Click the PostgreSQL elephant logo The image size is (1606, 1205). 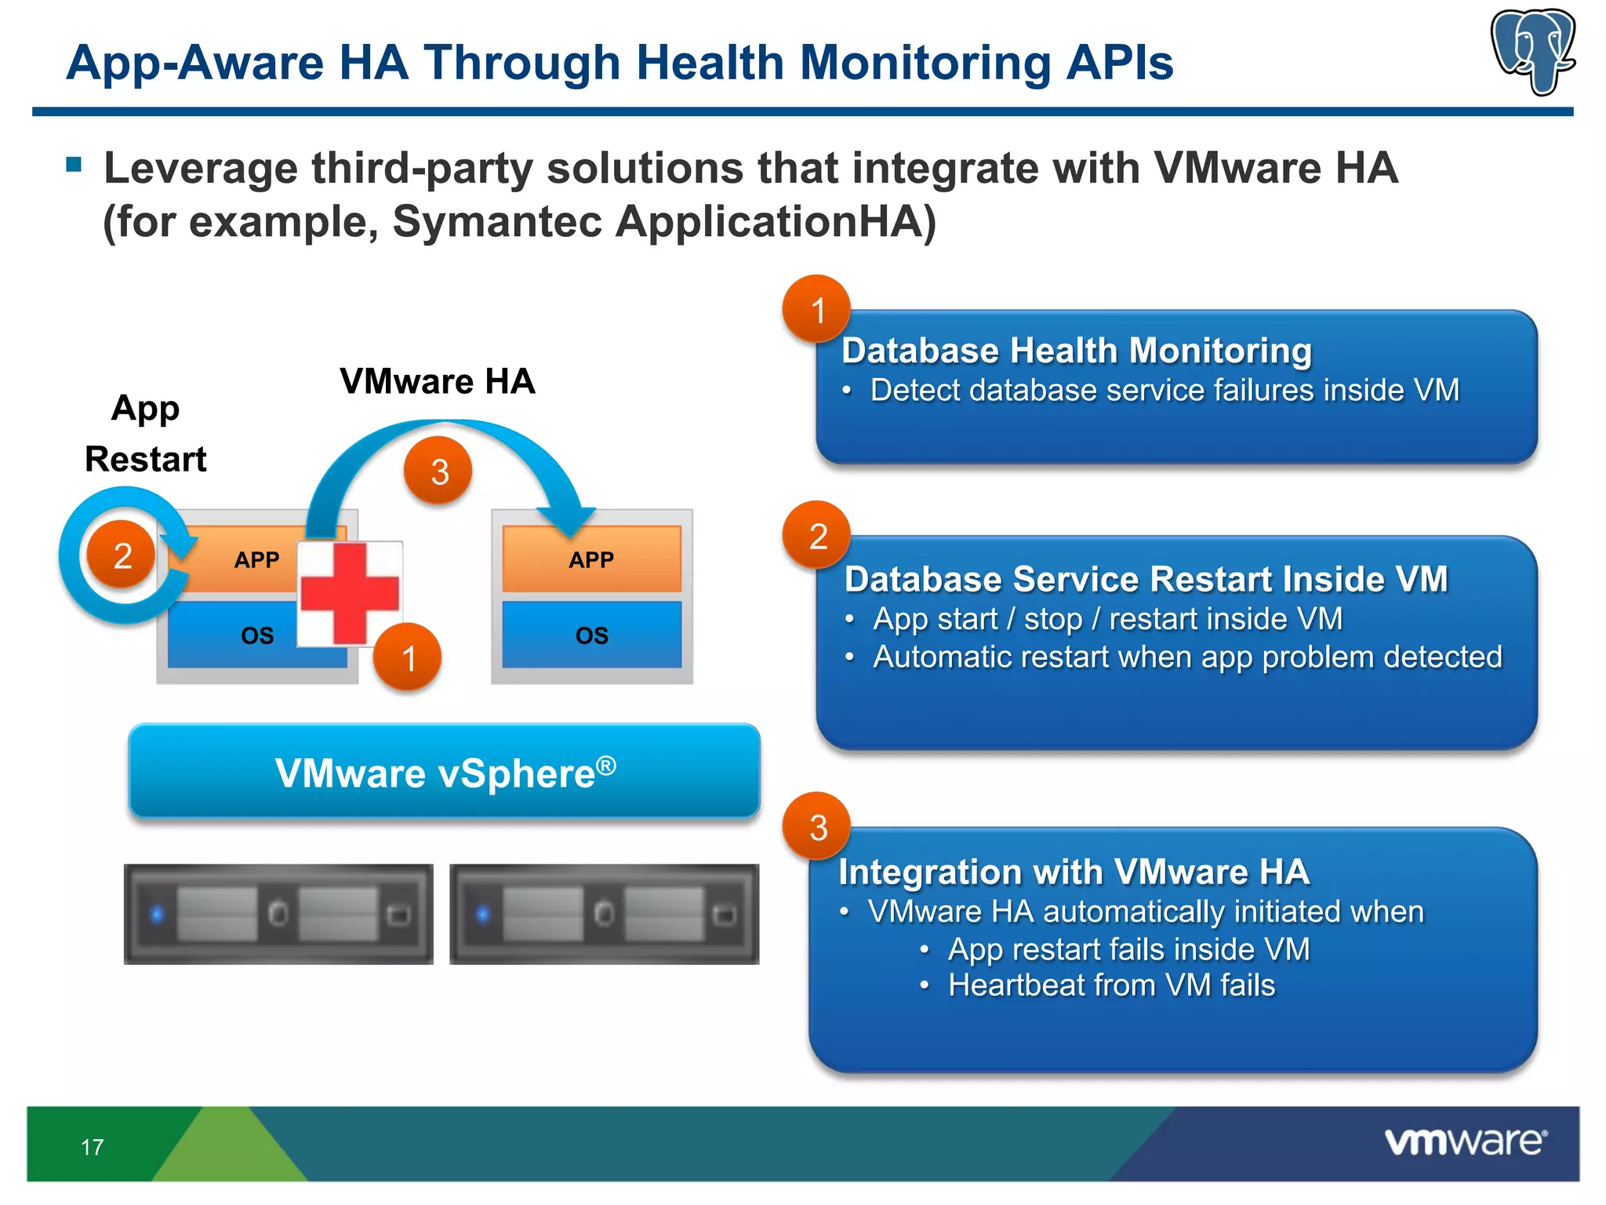click(x=1533, y=50)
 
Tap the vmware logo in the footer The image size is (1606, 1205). click(x=1465, y=1141)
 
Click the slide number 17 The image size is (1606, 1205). click(x=92, y=1147)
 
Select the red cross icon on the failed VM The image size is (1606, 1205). click(x=350, y=593)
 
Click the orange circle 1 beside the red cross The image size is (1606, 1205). click(x=407, y=657)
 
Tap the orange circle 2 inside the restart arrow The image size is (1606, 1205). click(x=122, y=555)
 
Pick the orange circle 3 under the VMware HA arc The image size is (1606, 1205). click(x=438, y=471)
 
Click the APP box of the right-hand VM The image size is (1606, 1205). click(x=591, y=559)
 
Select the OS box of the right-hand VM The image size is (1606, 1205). click(x=591, y=635)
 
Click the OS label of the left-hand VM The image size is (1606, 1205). click(x=257, y=635)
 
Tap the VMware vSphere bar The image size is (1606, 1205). click(x=445, y=772)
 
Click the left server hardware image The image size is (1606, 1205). click(x=278, y=914)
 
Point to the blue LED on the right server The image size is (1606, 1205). click(x=483, y=914)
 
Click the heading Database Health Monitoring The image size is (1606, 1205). click(x=1076, y=351)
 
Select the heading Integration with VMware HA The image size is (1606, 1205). click(x=1074, y=872)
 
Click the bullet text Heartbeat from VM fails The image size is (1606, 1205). click(x=1111, y=985)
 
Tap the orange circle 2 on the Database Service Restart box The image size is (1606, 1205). click(x=817, y=536)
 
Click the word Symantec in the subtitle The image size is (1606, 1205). click(x=496, y=221)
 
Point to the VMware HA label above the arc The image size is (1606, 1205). click(x=437, y=381)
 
